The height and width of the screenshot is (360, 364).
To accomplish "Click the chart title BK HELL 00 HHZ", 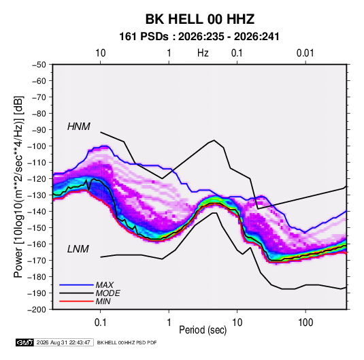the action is tap(200, 19).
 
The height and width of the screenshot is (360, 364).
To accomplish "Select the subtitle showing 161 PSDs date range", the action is tap(199, 37).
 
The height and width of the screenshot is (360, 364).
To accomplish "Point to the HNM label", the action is tap(79, 127).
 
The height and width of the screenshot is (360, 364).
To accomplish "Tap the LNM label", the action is tap(78, 249).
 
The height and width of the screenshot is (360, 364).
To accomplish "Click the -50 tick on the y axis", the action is tap(39, 65).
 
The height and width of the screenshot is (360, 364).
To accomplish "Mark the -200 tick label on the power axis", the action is tap(37, 310).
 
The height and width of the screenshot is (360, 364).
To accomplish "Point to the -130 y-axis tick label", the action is tap(37, 195).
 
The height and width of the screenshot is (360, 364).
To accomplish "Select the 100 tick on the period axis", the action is tap(305, 323).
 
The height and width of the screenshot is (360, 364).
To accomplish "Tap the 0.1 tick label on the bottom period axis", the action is tap(100, 323).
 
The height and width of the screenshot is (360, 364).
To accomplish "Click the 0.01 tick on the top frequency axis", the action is tap(305, 53).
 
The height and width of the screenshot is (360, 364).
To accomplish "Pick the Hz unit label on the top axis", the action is tap(203, 53).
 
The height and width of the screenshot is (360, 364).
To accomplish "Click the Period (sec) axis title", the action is tap(203, 330).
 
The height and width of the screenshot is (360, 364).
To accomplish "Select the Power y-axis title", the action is tap(18, 186).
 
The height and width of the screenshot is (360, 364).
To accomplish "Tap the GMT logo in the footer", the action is tap(25, 342).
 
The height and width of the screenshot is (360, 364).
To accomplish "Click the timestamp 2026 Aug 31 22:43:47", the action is tap(63, 342).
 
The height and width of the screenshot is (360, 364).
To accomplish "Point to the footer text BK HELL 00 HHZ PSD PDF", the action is tap(127, 342).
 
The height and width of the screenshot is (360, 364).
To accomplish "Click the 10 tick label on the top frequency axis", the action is tap(100, 53).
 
